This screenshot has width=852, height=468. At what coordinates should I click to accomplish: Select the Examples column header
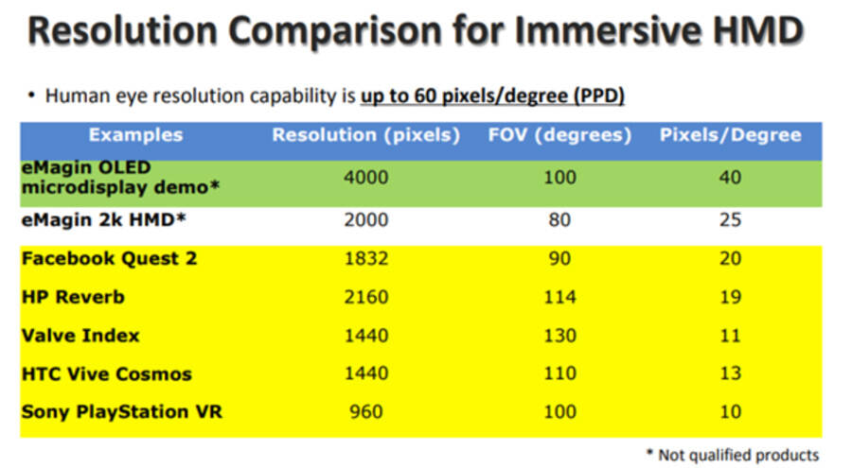[135, 135]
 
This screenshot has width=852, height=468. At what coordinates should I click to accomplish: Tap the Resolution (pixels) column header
[365, 135]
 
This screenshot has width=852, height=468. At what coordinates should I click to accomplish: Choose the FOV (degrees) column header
[559, 135]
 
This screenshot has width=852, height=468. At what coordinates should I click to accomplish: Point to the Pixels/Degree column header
[730, 135]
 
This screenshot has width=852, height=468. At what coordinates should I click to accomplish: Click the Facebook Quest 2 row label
[109, 258]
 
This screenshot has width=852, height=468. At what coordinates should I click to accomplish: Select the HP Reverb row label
[73, 297]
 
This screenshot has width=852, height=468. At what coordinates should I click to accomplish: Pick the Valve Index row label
[80, 335]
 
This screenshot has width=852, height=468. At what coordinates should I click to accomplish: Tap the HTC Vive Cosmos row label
[106, 373]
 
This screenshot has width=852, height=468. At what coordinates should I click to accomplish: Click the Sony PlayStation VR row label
[122, 411]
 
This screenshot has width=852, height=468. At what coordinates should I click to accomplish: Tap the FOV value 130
[559, 335]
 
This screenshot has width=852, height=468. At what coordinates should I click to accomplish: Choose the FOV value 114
[559, 297]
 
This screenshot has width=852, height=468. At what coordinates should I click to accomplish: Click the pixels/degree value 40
[730, 177]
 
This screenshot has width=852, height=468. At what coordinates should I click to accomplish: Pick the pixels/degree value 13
[730, 373]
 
